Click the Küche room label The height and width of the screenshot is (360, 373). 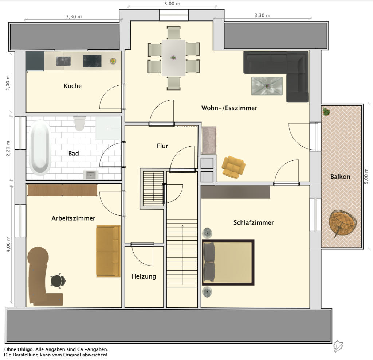[72, 86]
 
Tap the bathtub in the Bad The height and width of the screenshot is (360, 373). [40, 148]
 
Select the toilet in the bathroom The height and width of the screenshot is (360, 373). [79, 123]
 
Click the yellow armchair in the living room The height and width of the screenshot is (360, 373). [233, 167]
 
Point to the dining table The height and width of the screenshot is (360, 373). [174, 58]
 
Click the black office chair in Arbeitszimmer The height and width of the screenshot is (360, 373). [58, 280]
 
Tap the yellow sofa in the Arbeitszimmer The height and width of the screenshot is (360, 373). [108, 251]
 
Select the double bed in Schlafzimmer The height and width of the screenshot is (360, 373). [228, 262]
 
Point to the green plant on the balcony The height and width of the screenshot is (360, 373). [326, 111]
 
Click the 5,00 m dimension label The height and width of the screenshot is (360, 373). [366, 176]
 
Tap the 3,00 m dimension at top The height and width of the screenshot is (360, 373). [172, 4]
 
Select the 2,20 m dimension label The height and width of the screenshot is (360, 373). [8, 148]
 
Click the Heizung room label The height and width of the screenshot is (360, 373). [144, 276]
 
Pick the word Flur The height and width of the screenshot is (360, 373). [162, 146]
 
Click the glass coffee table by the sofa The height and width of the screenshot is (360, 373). [267, 86]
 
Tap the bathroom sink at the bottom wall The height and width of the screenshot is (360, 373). [91, 175]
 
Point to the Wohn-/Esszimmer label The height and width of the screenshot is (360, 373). [229, 108]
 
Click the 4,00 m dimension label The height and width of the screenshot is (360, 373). [8, 245]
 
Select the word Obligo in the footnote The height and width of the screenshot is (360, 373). [25, 349]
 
